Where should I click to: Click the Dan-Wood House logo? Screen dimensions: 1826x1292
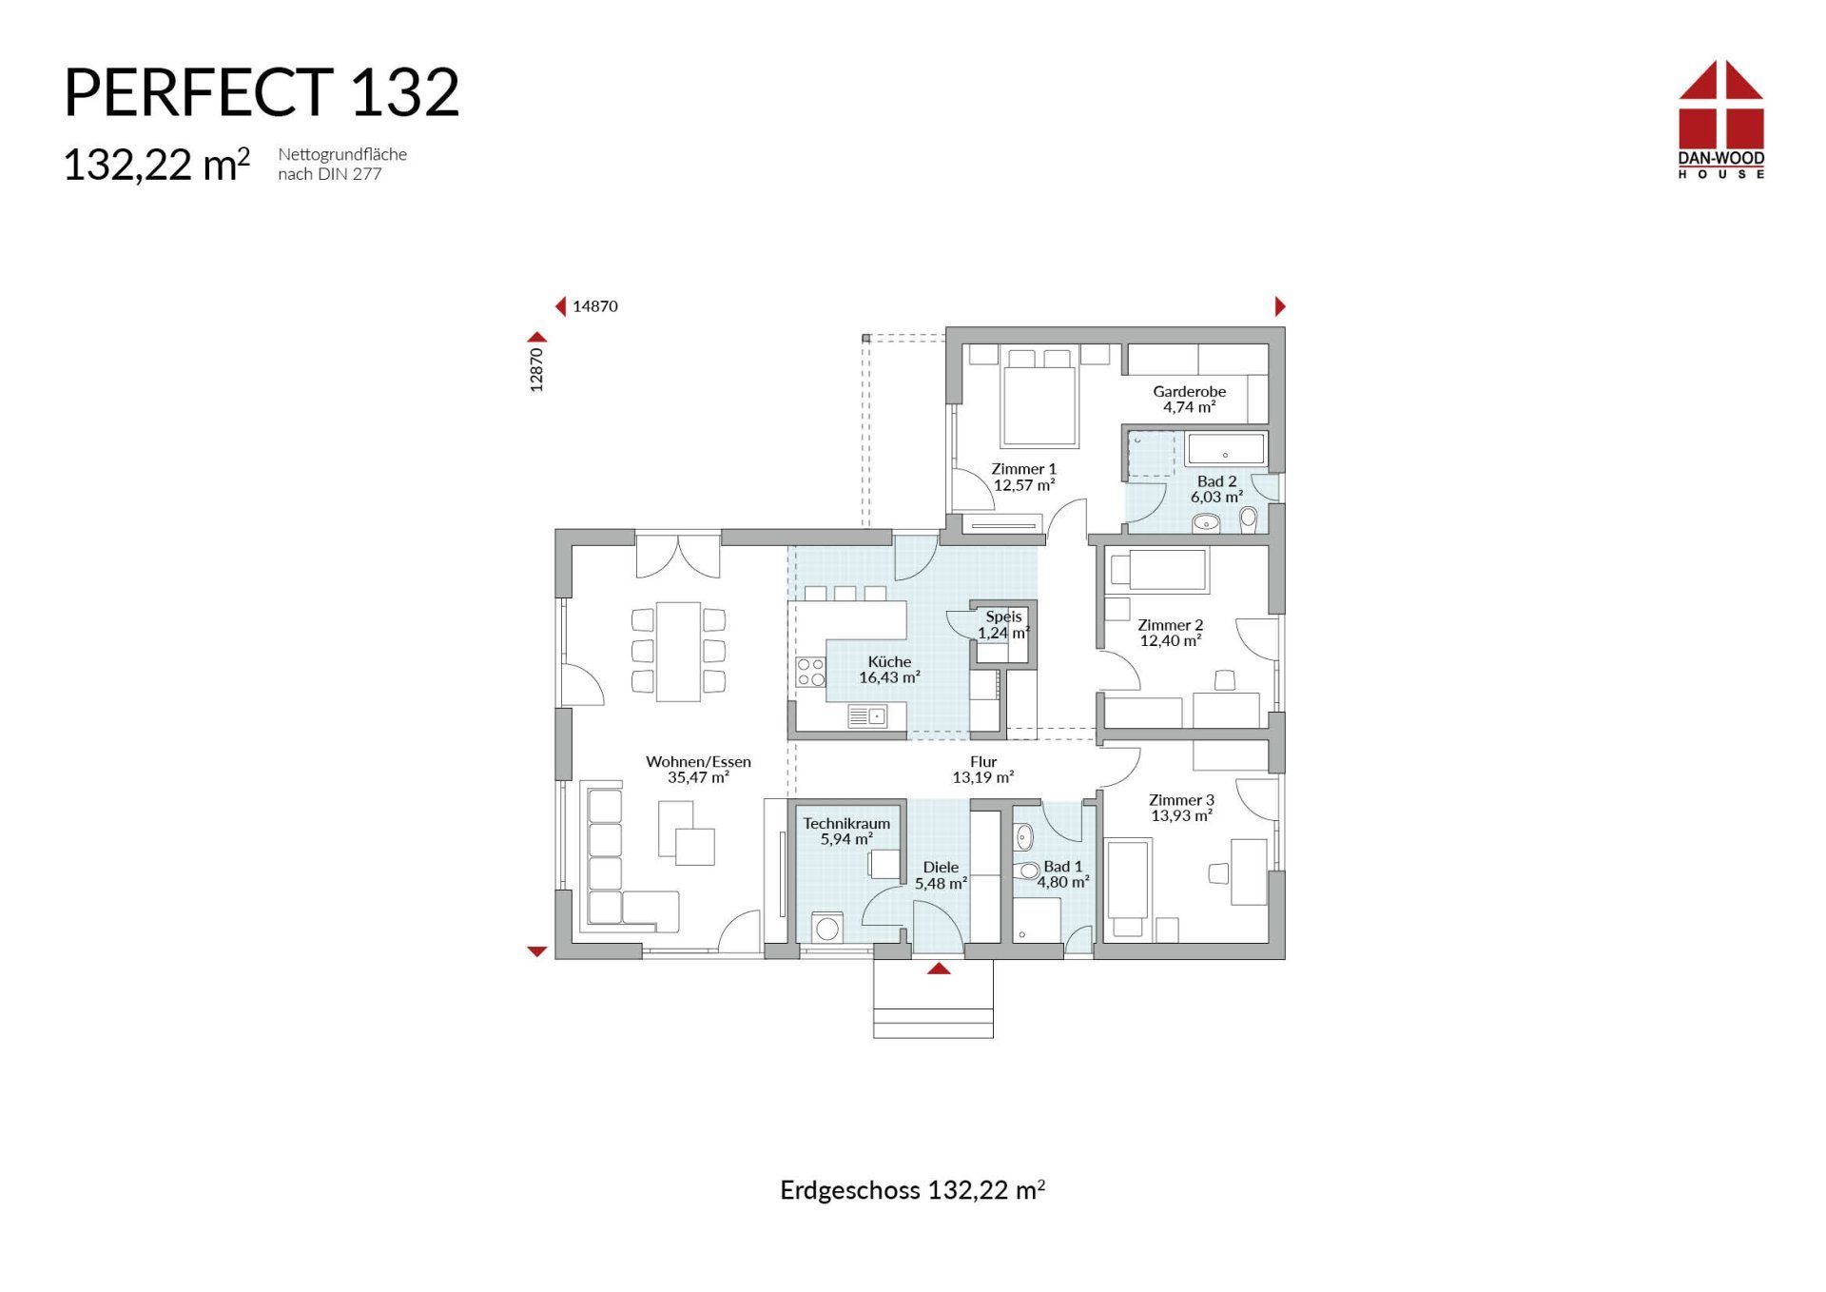[x=1720, y=119]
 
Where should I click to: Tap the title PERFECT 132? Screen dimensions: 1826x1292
[x=262, y=93]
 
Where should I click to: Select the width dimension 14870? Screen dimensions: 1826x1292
[x=595, y=306]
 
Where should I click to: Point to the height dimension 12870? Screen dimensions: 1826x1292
[x=536, y=369]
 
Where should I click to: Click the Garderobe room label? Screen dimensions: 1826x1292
[x=1189, y=391]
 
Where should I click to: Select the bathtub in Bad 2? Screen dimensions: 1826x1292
[x=1226, y=449]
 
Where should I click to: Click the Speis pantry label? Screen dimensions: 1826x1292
[x=1003, y=617]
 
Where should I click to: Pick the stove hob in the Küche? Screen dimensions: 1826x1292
[x=811, y=672]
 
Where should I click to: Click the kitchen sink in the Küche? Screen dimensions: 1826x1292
[x=867, y=716]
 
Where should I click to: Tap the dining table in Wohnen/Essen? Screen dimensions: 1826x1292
[x=678, y=651]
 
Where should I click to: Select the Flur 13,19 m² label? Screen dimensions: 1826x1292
[x=983, y=770]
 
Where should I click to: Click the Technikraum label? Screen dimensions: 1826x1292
[x=846, y=824]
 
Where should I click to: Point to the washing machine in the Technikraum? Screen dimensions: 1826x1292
[x=827, y=928]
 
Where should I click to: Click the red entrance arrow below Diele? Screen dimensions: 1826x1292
[x=939, y=969]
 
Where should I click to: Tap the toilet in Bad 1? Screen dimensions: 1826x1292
[x=1027, y=871]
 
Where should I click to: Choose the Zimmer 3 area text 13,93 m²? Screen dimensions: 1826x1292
[x=1181, y=815]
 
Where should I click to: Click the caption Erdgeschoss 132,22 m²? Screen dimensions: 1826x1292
[x=913, y=1190]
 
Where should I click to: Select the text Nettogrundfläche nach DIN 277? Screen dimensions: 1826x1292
[x=342, y=164]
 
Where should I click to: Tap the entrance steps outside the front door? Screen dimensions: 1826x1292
[x=933, y=998]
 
